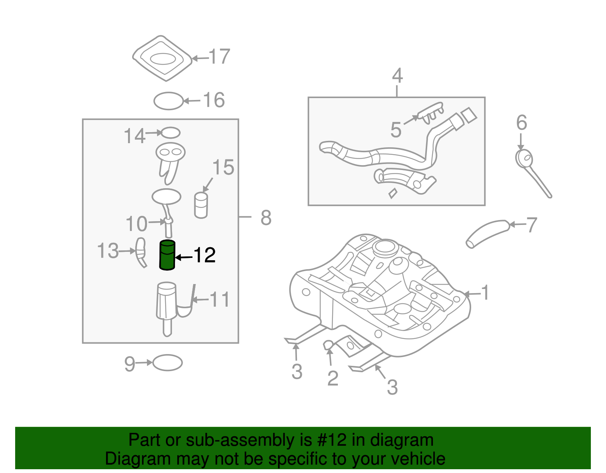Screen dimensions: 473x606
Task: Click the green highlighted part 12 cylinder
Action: click(x=167, y=256)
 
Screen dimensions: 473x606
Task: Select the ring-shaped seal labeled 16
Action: click(x=169, y=101)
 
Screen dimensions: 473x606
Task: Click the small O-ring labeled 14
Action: click(x=170, y=133)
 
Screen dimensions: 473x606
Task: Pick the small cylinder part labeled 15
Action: click(x=201, y=206)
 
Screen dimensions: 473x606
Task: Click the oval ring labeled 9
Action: click(x=167, y=363)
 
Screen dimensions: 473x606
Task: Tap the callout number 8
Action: click(x=266, y=218)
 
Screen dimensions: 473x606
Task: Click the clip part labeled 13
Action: click(x=141, y=252)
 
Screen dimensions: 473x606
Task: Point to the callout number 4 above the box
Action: click(x=397, y=76)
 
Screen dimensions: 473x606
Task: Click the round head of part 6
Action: click(x=524, y=158)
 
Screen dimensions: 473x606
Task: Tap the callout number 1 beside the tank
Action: click(x=485, y=293)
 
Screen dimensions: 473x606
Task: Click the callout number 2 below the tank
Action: click(x=333, y=378)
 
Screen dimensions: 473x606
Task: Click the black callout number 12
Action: click(x=205, y=256)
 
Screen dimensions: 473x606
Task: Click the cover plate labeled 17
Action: click(x=163, y=58)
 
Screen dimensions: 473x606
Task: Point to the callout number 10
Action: click(x=136, y=224)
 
